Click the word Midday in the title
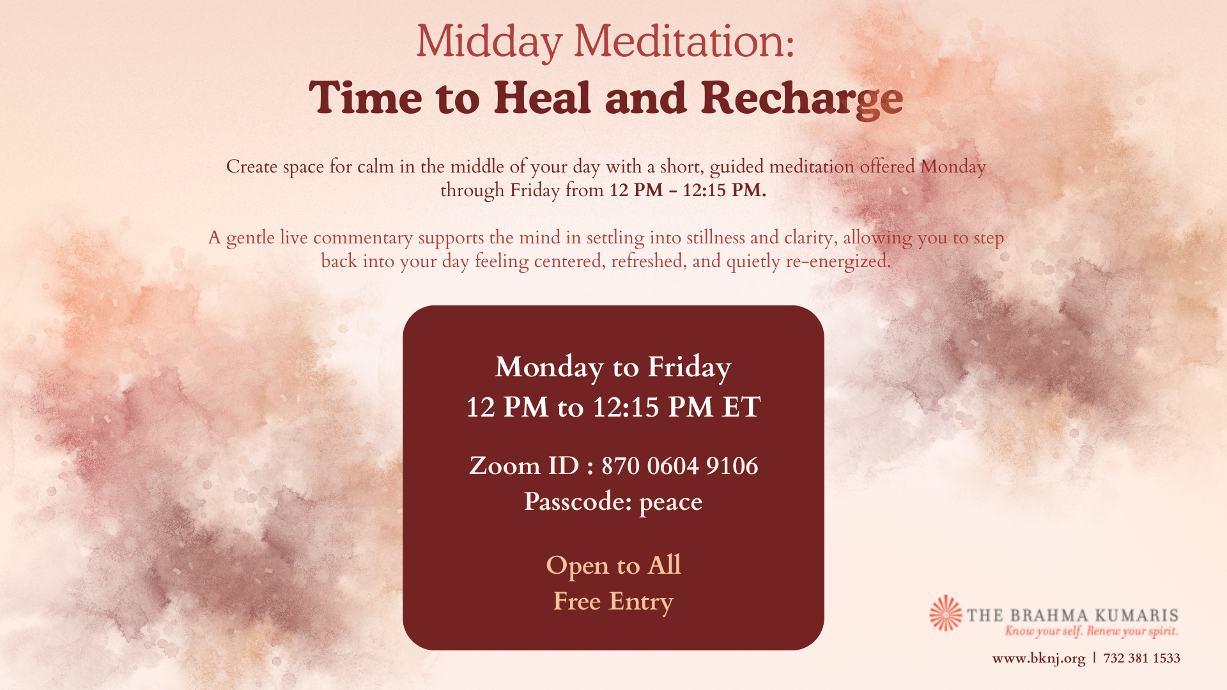click(x=489, y=42)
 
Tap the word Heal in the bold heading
click(x=543, y=98)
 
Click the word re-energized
click(x=838, y=262)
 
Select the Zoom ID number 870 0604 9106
click(x=680, y=466)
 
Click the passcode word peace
click(x=670, y=503)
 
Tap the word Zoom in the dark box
click(x=505, y=466)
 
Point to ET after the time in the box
click(x=741, y=407)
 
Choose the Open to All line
click(x=613, y=565)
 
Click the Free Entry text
click(x=613, y=602)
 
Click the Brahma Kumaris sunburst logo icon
click(x=946, y=613)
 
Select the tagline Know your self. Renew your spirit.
click(x=1092, y=631)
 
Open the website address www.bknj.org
click(x=1038, y=658)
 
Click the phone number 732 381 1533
click(x=1141, y=658)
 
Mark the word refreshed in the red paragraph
click(x=647, y=261)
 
